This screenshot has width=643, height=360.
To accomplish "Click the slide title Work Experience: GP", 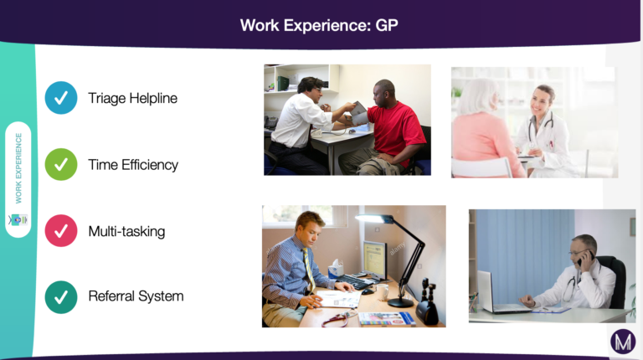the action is [x=319, y=25].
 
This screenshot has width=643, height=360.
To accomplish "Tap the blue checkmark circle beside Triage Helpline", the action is [x=61, y=98].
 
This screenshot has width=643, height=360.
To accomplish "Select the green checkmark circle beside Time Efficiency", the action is [x=61, y=164].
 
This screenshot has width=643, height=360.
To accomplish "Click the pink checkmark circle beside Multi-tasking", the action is [x=61, y=231].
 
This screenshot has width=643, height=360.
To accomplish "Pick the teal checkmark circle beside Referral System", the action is [x=61, y=297].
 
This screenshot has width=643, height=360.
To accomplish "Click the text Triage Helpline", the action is [x=133, y=99].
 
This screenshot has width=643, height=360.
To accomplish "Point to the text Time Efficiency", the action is [x=133, y=165].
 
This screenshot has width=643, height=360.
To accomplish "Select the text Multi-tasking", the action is [x=126, y=231].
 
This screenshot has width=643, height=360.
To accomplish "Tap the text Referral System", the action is [x=136, y=296].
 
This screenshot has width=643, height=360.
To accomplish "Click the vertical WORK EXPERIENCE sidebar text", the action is [x=18, y=168].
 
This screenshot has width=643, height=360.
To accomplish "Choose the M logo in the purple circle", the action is [x=623, y=341].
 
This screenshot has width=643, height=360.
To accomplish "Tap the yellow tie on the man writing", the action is [x=309, y=270].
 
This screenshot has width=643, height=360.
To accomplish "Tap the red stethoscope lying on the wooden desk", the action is [x=337, y=320].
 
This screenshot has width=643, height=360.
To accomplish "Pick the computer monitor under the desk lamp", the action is [x=375, y=260].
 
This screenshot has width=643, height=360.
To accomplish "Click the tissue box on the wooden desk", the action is [x=337, y=269].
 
